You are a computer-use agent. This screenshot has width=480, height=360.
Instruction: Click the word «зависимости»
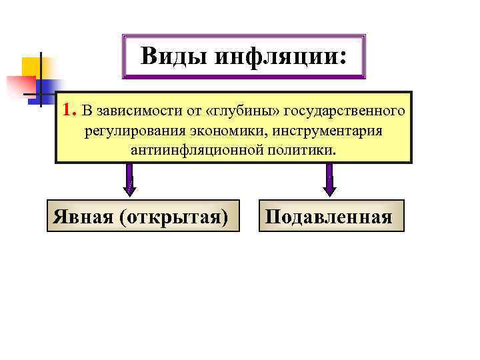coord(131,109)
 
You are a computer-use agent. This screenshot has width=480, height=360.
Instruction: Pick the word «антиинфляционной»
coord(195,150)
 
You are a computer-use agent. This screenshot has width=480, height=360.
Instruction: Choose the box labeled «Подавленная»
coord(331,215)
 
